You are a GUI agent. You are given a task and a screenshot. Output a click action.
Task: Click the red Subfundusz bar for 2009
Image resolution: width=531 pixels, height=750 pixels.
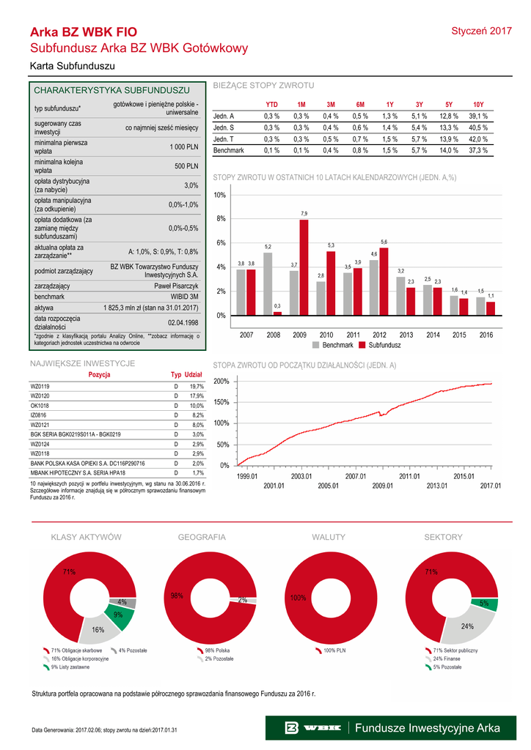coord(304,267)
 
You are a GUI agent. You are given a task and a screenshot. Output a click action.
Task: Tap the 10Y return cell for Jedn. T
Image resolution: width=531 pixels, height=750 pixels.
coord(478,138)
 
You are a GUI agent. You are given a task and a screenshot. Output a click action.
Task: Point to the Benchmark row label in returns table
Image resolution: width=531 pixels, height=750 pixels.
coord(228,150)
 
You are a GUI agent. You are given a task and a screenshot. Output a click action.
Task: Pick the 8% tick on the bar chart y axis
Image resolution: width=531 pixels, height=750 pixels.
coord(219,219)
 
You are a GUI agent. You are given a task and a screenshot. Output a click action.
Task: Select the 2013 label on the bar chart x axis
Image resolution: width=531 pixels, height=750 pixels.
coord(406,335)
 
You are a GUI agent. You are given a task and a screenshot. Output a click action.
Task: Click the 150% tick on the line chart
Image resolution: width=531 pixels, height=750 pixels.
coord(221,402)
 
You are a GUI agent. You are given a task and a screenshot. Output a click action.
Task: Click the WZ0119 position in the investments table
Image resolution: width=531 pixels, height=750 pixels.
coord(40,386)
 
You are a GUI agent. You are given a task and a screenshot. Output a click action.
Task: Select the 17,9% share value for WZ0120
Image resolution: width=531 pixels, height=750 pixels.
coord(197,396)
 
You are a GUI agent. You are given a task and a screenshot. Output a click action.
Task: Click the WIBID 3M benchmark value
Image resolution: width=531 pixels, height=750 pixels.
coord(183,297)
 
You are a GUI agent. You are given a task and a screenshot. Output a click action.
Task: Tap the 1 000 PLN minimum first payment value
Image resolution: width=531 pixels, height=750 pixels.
coord(184,147)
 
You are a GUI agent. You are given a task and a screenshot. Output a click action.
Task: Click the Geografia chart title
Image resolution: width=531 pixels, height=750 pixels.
coord(202,538)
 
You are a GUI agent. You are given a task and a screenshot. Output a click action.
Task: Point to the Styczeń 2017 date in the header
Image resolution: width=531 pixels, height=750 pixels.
coord(481,31)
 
